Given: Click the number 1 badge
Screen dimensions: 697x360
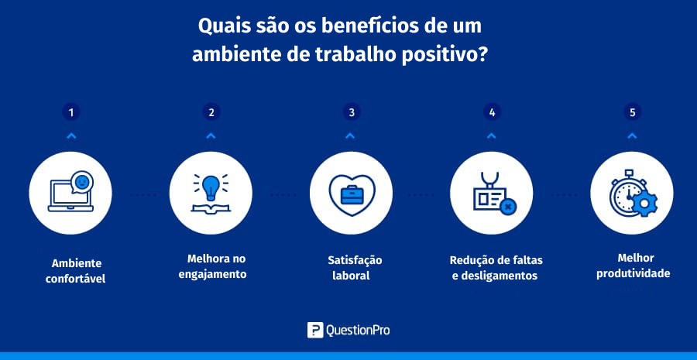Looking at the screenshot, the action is click(71, 112).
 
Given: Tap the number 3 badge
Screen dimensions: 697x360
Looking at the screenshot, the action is click(352, 112).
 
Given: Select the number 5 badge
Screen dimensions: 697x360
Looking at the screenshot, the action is click(632, 112).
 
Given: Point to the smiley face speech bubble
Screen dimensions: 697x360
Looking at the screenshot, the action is click(82, 182).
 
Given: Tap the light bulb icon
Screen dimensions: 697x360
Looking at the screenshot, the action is click(211, 187).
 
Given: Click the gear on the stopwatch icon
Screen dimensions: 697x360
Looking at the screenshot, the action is click(644, 204).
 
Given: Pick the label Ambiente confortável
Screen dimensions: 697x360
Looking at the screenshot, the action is click(76, 271).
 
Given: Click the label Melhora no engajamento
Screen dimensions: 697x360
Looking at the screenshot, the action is click(212, 266).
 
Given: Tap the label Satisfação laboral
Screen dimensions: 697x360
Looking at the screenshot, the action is click(352, 267).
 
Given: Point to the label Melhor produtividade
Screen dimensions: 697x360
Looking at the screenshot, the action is click(633, 266).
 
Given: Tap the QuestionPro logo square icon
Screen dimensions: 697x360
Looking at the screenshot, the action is click(314, 331).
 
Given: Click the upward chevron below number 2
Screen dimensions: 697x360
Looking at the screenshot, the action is click(211, 136).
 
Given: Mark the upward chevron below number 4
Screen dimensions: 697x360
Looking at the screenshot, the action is click(491, 136).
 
